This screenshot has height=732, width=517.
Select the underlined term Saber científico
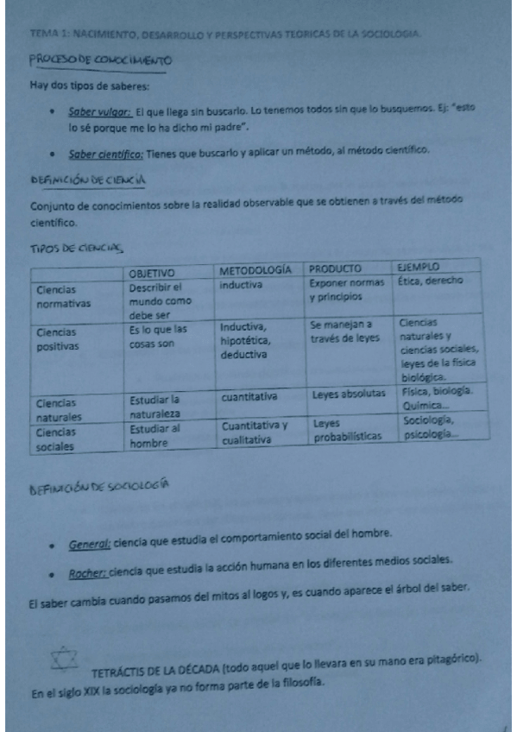tap(106, 151)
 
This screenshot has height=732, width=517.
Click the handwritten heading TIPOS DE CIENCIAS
tap(79, 249)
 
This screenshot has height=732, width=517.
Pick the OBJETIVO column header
tap(156, 271)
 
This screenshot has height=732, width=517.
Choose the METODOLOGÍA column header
tap(255, 269)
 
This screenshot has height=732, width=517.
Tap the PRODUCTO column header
tap(335, 268)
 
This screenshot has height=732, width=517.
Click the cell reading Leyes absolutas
tap(349, 394)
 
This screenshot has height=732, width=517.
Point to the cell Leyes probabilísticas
tap(347, 430)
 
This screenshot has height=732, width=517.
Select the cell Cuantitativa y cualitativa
tap(255, 432)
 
